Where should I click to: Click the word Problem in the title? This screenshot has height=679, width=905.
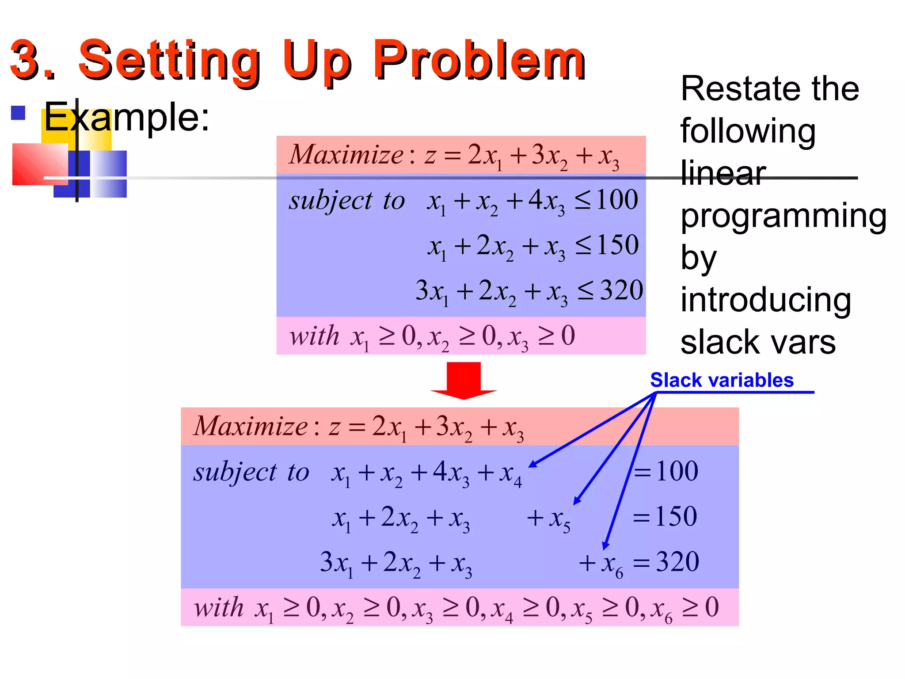[x=479, y=60]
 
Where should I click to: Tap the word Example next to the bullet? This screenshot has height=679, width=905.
[x=126, y=117]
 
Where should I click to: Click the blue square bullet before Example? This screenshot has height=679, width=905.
[x=18, y=113]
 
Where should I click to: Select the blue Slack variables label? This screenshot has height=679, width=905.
[x=722, y=380]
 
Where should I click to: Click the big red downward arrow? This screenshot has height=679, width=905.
[x=464, y=380]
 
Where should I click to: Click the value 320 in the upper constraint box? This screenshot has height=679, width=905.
[x=622, y=290]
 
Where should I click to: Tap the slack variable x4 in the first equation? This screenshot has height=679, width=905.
[x=510, y=473]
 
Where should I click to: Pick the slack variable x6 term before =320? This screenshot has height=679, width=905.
[x=612, y=564]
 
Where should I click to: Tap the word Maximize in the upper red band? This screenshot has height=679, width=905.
[x=346, y=155]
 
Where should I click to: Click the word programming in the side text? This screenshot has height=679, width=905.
[x=783, y=216]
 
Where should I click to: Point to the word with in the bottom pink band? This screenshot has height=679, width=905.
[x=219, y=607]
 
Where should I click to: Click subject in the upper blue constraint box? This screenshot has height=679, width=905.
[x=331, y=201]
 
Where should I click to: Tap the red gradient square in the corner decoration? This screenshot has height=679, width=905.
[x=40, y=164]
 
